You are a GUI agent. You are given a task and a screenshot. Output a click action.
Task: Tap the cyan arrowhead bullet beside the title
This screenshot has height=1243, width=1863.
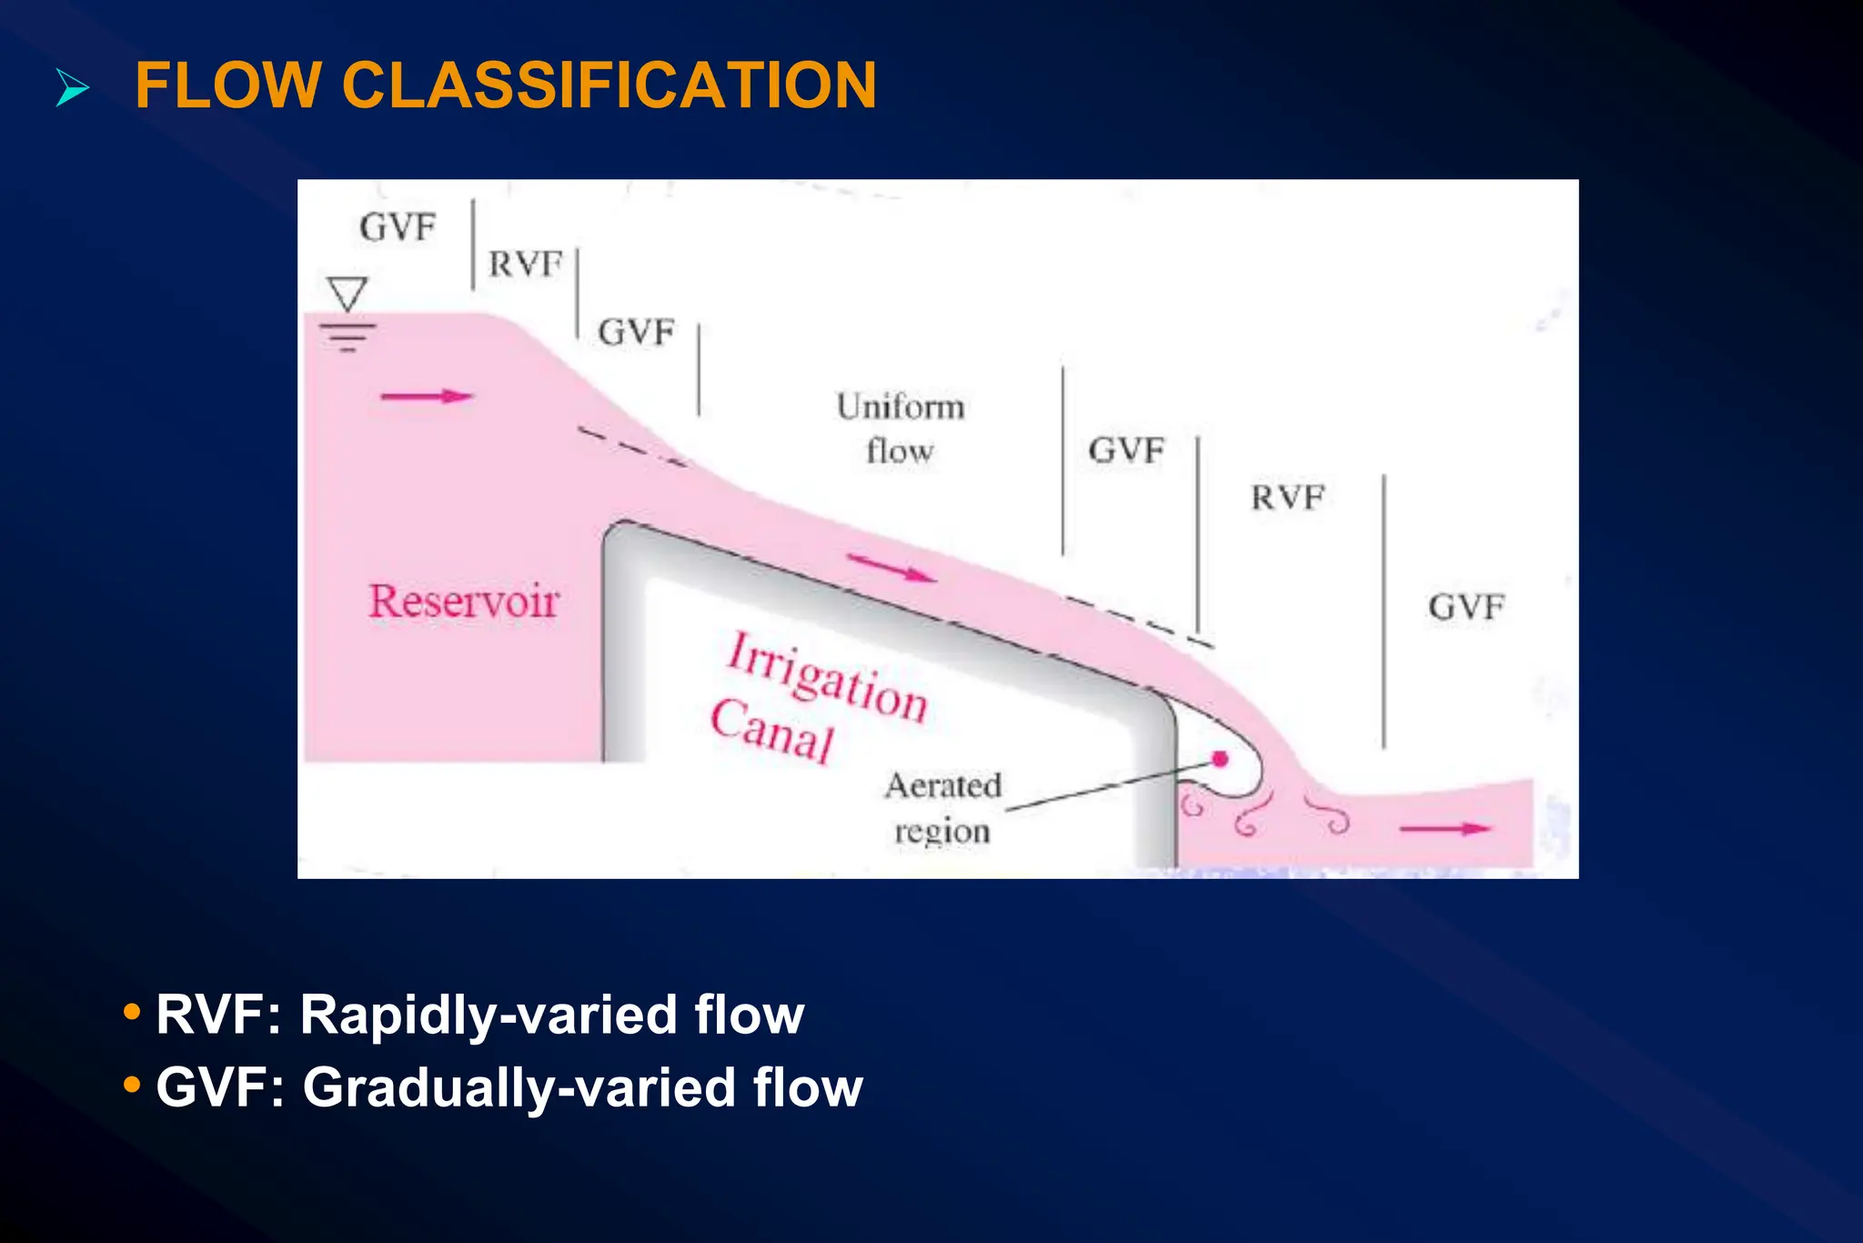[x=73, y=88]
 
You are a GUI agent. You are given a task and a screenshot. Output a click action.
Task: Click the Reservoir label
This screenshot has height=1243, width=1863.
[x=463, y=601]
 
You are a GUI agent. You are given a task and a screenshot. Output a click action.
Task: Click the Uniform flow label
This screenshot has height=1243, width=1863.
[x=900, y=428]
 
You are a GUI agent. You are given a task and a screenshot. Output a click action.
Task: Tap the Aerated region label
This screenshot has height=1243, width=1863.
[x=942, y=807]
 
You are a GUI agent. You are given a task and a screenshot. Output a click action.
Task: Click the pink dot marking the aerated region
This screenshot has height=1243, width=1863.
[x=1221, y=759]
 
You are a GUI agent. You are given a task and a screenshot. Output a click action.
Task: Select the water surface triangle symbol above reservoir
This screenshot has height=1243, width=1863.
[x=347, y=294]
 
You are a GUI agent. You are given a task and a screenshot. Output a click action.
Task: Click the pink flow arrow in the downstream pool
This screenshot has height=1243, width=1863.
[x=1445, y=828]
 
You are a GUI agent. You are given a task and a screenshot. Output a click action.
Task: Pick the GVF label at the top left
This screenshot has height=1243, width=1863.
[x=398, y=227]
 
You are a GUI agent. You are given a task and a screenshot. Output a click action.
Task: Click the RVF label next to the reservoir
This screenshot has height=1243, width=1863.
[x=526, y=265]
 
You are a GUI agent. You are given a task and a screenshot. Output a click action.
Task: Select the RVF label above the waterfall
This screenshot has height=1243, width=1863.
[x=1287, y=498]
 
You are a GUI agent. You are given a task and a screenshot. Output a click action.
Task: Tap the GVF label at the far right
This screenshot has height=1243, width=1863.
[x=1465, y=607]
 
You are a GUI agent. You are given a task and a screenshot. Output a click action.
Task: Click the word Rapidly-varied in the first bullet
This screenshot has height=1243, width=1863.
[x=488, y=1015]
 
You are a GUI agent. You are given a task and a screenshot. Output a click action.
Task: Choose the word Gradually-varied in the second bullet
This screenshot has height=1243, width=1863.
[x=519, y=1087]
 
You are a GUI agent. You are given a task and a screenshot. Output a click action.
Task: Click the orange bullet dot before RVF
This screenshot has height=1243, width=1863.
[x=132, y=1011]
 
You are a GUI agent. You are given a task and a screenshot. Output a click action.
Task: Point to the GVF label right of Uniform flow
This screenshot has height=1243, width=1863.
[x=1126, y=450]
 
